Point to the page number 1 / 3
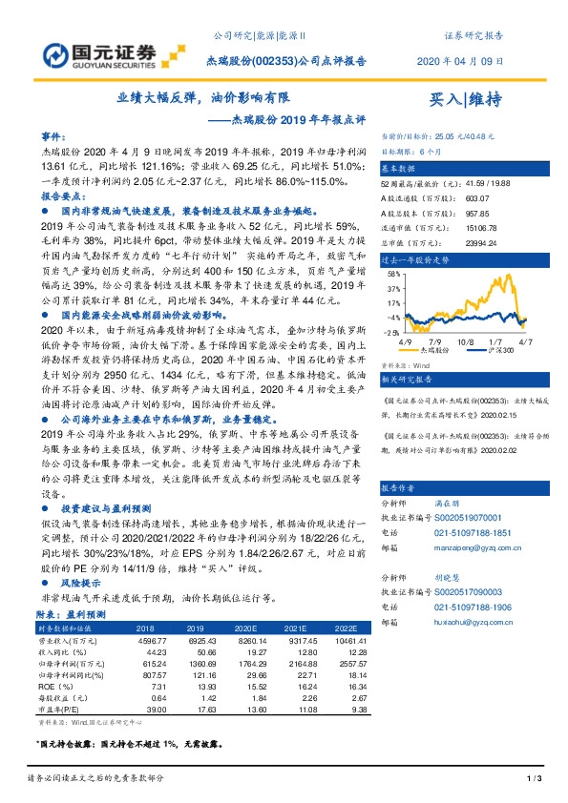[x=535, y=780]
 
